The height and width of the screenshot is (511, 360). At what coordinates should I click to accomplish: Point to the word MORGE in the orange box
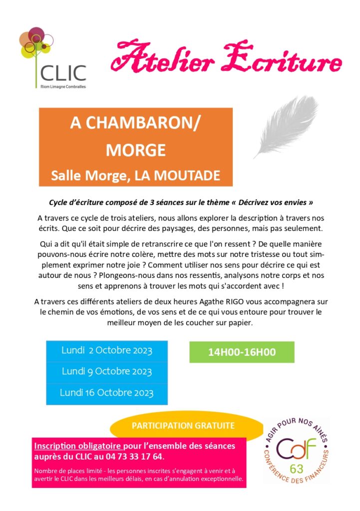point(136,149)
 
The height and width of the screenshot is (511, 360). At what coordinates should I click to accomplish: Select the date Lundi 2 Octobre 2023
point(106,350)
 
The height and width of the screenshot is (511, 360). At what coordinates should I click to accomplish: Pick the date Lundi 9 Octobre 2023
point(106,372)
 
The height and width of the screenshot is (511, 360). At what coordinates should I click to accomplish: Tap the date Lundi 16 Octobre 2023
point(106,393)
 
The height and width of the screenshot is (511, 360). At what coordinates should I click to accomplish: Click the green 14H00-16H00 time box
point(242,352)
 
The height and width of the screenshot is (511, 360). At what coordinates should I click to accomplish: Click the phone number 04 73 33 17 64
point(138,457)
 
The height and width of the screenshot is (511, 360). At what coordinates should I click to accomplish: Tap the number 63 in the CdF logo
point(296,469)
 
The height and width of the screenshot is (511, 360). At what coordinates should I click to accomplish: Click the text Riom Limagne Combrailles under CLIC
point(63,86)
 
